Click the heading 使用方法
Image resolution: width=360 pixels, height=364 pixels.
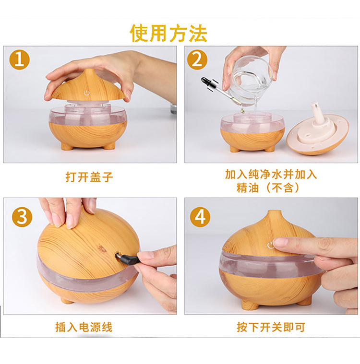[168, 33]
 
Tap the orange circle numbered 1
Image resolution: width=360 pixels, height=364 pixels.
[20, 59]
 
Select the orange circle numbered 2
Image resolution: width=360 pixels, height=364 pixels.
[197, 59]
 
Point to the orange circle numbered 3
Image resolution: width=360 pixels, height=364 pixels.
[22, 217]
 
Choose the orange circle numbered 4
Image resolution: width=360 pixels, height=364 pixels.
[200, 217]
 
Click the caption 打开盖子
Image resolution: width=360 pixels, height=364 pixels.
[89, 177]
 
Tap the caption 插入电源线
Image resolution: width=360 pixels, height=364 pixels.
[84, 327]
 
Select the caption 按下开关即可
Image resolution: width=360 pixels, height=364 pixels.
[271, 327]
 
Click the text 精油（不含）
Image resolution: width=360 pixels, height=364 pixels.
[268, 188]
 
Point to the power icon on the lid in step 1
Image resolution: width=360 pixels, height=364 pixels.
[87, 93]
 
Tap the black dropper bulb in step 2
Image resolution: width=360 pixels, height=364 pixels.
[206, 81]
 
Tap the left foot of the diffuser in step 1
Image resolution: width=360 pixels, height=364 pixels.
[67, 146]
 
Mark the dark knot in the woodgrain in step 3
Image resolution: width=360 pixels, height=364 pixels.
[102, 248]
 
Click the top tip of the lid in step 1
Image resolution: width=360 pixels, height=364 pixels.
[88, 70]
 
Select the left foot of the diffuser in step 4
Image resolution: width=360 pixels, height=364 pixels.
[250, 305]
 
